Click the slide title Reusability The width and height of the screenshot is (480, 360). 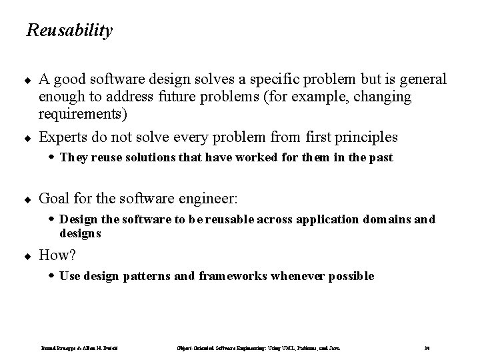click(69, 31)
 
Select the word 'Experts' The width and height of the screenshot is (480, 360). click(63, 137)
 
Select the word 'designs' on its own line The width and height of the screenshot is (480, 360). click(80, 233)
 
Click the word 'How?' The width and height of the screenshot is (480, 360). click(58, 255)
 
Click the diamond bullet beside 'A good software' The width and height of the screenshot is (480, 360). click(29, 80)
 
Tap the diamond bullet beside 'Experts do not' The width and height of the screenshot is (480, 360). click(29, 138)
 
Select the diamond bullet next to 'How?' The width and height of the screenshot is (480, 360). click(29, 255)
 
